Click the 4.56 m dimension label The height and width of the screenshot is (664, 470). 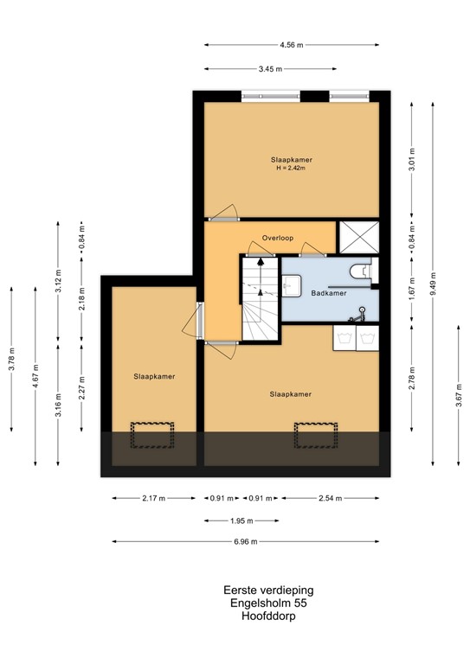point(291,45)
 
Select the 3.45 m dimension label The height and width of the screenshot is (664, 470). point(270,69)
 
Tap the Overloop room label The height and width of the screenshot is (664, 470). point(278,238)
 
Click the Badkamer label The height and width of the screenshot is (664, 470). point(328,293)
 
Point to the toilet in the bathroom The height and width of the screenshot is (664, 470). point(361,270)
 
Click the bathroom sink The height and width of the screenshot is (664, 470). point(292,285)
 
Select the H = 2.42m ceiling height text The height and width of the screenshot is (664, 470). point(291,168)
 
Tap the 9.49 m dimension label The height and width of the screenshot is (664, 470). point(433,283)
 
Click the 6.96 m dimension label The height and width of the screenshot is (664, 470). point(246,541)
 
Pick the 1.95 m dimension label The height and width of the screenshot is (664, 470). point(241,520)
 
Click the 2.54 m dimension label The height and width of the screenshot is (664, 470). point(330,498)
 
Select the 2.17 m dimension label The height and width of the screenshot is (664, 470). point(153,498)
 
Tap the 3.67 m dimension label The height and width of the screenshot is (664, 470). point(459,395)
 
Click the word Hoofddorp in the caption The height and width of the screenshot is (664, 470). point(268,616)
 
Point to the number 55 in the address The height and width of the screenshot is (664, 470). point(300,603)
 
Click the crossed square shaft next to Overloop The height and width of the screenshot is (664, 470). point(359,237)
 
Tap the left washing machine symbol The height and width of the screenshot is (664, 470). point(344,338)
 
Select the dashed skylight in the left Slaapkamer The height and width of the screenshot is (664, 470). point(152,435)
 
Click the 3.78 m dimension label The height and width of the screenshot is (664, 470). point(12,359)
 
